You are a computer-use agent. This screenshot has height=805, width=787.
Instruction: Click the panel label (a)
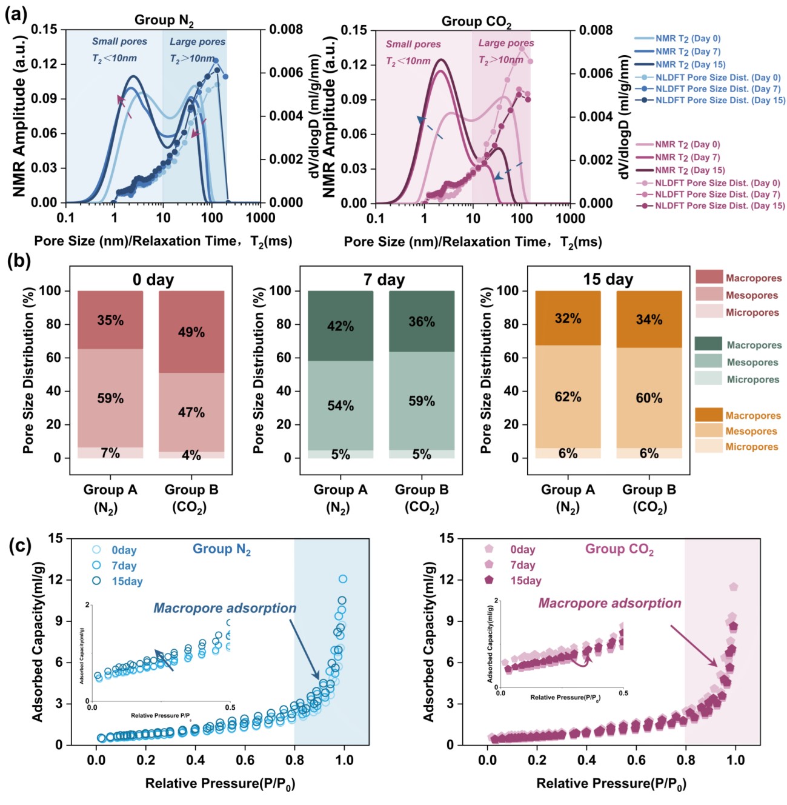[16, 13]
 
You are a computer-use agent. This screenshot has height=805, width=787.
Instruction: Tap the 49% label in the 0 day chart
[191, 332]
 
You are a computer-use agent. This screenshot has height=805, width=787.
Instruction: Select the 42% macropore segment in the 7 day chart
[340, 326]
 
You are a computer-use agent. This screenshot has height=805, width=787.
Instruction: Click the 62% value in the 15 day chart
[568, 397]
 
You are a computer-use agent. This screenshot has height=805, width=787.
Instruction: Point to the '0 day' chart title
[153, 280]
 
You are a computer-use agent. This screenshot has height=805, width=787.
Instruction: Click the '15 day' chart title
[608, 279]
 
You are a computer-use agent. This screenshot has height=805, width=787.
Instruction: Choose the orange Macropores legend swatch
[708, 415]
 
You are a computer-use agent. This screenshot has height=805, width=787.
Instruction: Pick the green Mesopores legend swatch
[708, 362]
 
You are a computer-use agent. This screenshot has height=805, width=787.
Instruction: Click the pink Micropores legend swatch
[709, 312]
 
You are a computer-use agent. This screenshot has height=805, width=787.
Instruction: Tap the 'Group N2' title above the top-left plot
[164, 21]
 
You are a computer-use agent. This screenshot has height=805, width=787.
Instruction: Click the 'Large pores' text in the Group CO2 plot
[506, 43]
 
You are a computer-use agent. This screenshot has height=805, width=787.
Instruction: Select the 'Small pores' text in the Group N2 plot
[119, 41]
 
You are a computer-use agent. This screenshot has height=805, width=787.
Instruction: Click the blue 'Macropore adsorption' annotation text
[225, 608]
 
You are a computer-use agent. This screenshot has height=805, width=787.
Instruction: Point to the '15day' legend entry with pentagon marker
[525, 581]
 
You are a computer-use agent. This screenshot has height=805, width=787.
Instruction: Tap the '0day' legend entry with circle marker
[124, 550]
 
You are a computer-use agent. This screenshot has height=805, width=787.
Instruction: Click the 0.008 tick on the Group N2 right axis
[286, 29]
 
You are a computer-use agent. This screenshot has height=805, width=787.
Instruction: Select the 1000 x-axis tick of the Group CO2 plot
[571, 219]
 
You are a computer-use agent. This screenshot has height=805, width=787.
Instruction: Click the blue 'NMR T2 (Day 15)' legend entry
[690, 64]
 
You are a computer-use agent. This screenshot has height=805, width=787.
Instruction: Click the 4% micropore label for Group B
[191, 455]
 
